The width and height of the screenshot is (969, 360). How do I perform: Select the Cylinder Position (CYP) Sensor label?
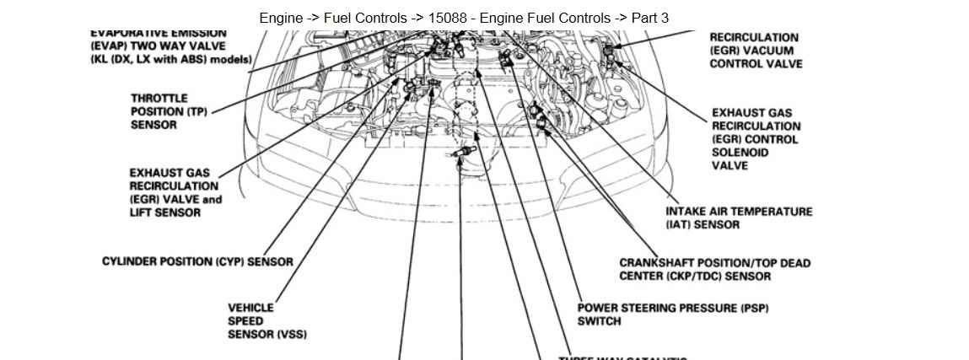[197, 261]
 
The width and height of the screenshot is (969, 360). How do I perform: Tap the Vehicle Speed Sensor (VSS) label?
[266, 321]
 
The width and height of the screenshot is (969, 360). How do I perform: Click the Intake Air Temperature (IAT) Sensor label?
[739, 218]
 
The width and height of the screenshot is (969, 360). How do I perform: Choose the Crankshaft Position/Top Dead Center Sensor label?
[714, 269]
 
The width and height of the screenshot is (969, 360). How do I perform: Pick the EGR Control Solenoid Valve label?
[754, 139]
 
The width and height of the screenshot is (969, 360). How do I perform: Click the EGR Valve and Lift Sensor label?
[175, 192]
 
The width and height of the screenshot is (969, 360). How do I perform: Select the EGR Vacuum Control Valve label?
[755, 51]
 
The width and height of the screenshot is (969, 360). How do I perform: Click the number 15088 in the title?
[447, 18]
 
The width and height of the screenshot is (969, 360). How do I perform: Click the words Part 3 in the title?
[649, 18]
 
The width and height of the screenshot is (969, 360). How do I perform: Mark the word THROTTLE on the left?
[159, 98]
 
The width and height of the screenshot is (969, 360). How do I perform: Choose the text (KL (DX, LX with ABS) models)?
[171, 60]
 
